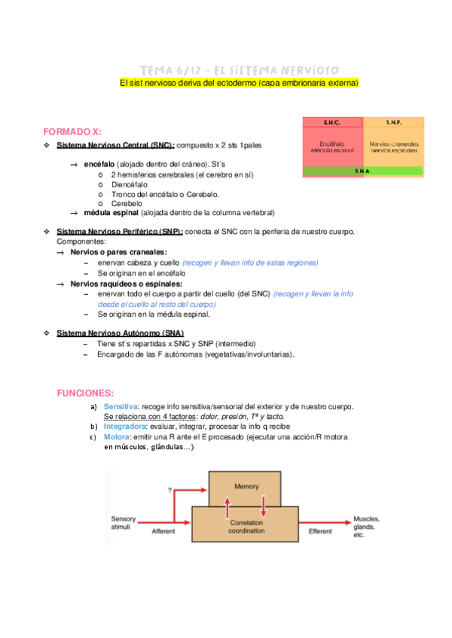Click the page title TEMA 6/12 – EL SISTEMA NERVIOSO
tap(239, 70)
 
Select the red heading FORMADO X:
tap(77, 130)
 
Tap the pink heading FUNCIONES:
tap(86, 393)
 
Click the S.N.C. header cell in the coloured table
tap(332, 122)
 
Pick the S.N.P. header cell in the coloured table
tap(393, 122)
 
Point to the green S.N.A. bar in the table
tap(362, 171)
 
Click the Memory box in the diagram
tap(246, 486)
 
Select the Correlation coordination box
tap(246, 526)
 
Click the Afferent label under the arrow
tap(163, 531)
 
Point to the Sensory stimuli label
tap(124, 524)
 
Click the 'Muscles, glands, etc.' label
tap(367, 527)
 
